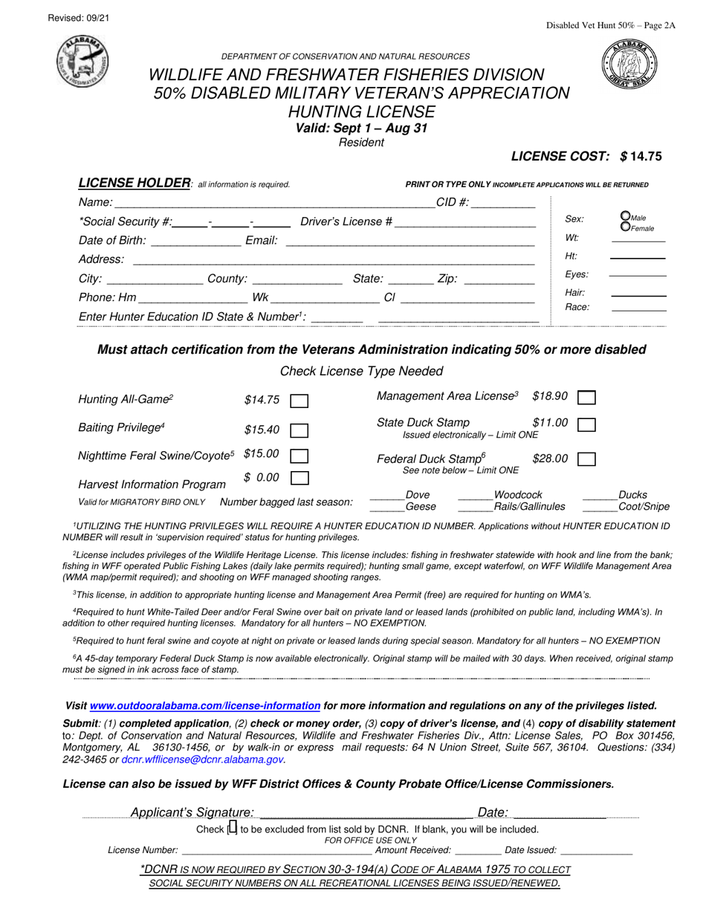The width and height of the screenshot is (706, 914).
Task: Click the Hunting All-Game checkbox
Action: (299, 401)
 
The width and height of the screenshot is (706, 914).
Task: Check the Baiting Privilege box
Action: (299, 430)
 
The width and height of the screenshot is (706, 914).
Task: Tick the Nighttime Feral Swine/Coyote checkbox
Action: (299, 455)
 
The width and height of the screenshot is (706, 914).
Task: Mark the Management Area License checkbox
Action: (586, 398)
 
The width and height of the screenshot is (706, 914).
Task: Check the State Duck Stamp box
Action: (586, 424)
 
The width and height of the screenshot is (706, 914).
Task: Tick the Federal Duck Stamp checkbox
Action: (586, 459)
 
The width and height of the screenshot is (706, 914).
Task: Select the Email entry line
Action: (409, 241)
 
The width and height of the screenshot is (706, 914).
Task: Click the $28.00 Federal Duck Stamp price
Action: (550, 458)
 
